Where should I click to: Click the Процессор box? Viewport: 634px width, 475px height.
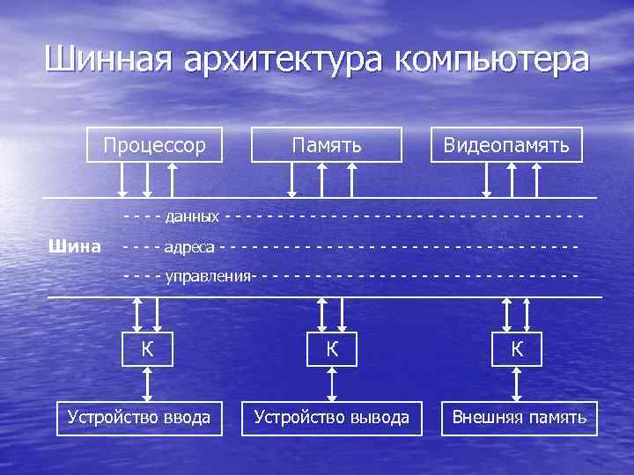click(x=155, y=144)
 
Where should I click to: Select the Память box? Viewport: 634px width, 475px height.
click(x=327, y=144)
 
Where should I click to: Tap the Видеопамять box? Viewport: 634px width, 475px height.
click(x=506, y=144)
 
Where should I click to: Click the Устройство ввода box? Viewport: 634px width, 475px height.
click(x=139, y=417)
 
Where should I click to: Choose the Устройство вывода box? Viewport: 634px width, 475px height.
click(x=332, y=417)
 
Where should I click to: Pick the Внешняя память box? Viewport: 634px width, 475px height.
click(x=519, y=417)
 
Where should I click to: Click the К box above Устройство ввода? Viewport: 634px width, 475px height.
click(x=148, y=348)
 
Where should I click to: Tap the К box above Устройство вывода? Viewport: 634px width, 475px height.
click(x=332, y=348)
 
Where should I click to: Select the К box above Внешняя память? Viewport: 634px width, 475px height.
click(x=518, y=348)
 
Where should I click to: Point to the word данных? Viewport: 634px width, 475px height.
click(x=192, y=216)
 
